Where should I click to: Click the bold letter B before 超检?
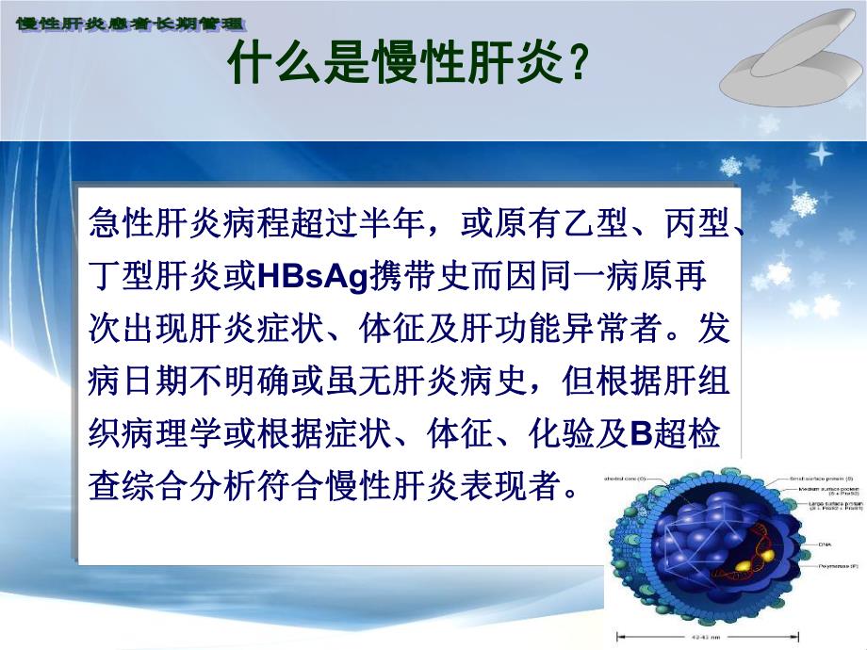pyautogui.click(x=641, y=436)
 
